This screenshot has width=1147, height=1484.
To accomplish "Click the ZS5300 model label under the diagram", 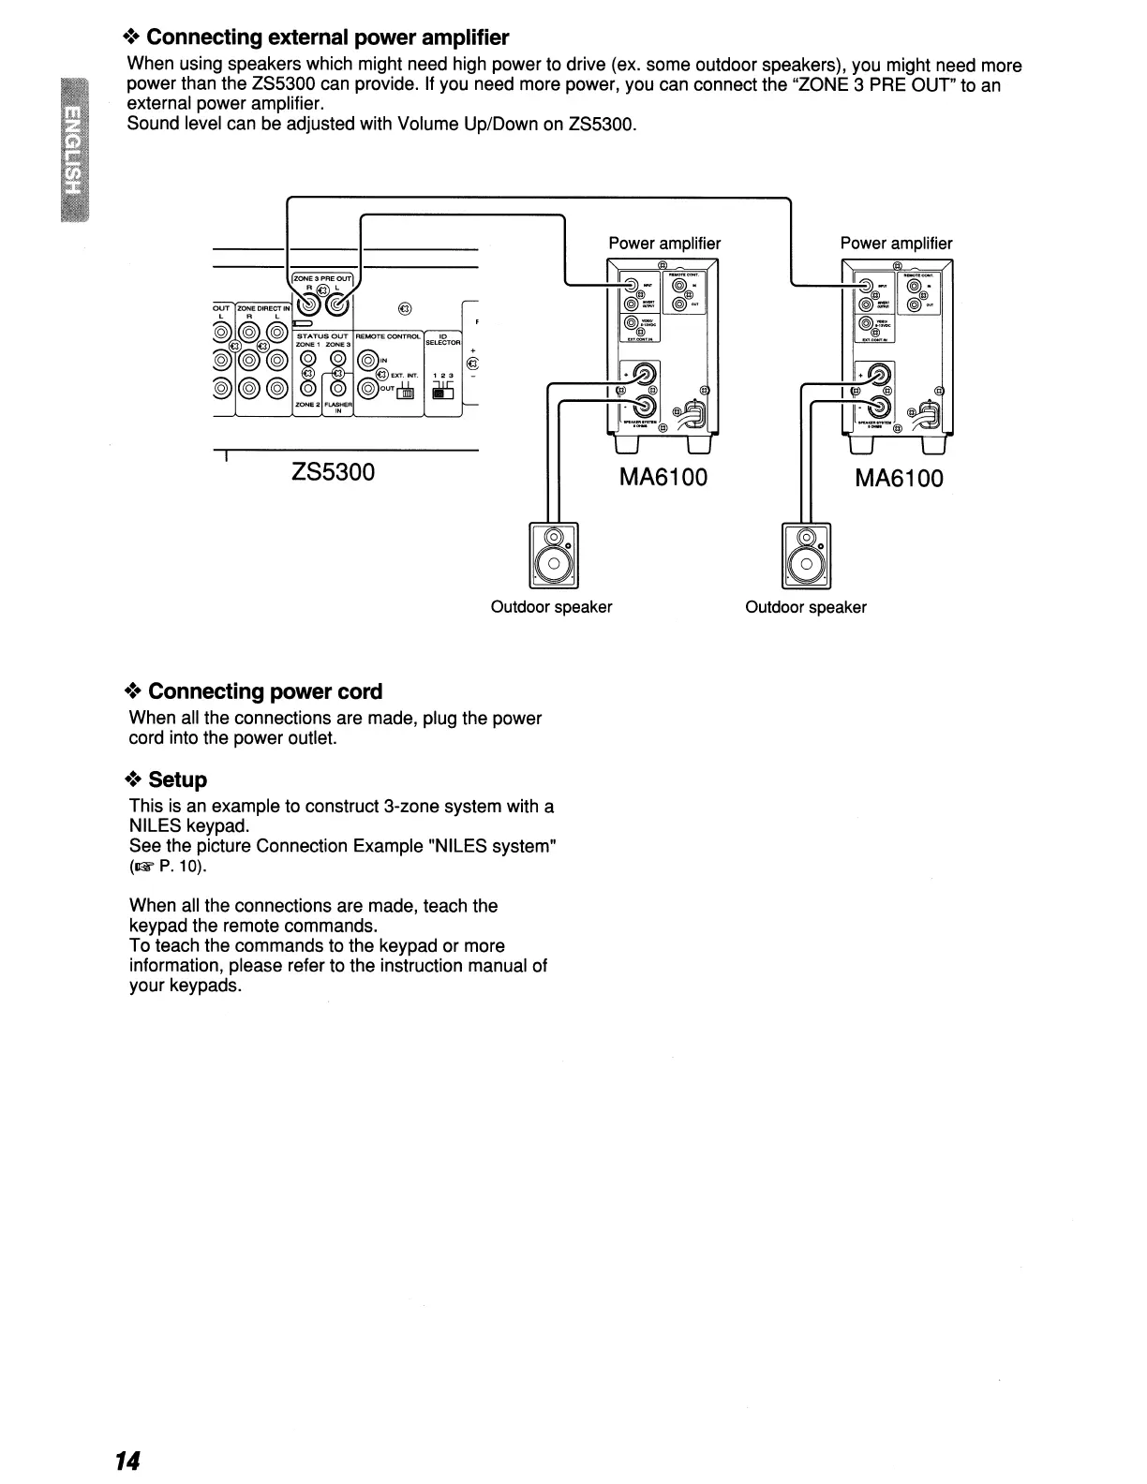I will (333, 472).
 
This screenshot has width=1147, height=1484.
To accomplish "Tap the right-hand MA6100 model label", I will (899, 479).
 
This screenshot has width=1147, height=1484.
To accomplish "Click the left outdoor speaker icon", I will (554, 555).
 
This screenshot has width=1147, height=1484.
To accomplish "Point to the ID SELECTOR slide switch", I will (442, 393).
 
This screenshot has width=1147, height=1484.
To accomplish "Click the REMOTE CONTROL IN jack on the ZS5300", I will (367, 359).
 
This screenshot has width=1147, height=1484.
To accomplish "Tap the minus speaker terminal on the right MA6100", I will (879, 407).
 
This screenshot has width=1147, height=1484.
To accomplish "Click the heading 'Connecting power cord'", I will (265, 691).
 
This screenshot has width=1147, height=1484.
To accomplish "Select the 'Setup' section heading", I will (177, 779).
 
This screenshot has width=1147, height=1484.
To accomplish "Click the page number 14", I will (127, 1462).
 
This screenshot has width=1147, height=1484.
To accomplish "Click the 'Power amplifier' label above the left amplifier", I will (664, 244).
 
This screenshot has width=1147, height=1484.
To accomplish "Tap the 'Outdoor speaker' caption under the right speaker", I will (806, 607).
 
